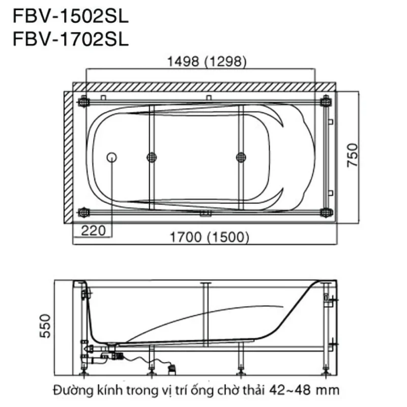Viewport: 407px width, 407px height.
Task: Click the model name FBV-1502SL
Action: tap(71, 17)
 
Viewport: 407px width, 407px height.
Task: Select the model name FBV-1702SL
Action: tap(71, 40)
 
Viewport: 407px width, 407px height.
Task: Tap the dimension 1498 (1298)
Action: tap(207, 62)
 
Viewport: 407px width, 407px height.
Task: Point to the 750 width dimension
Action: tap(353, 155)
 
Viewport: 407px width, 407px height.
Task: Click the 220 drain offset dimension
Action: tap(94, 230)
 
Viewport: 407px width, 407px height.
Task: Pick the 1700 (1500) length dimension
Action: tap(209, 237)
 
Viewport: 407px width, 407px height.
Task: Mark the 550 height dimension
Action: tap(45, 326)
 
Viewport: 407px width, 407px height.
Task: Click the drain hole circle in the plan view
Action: tap(111, 157)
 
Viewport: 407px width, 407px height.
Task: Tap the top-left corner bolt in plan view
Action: tap(84, 101)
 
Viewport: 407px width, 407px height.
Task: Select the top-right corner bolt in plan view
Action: tap(326, 101)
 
